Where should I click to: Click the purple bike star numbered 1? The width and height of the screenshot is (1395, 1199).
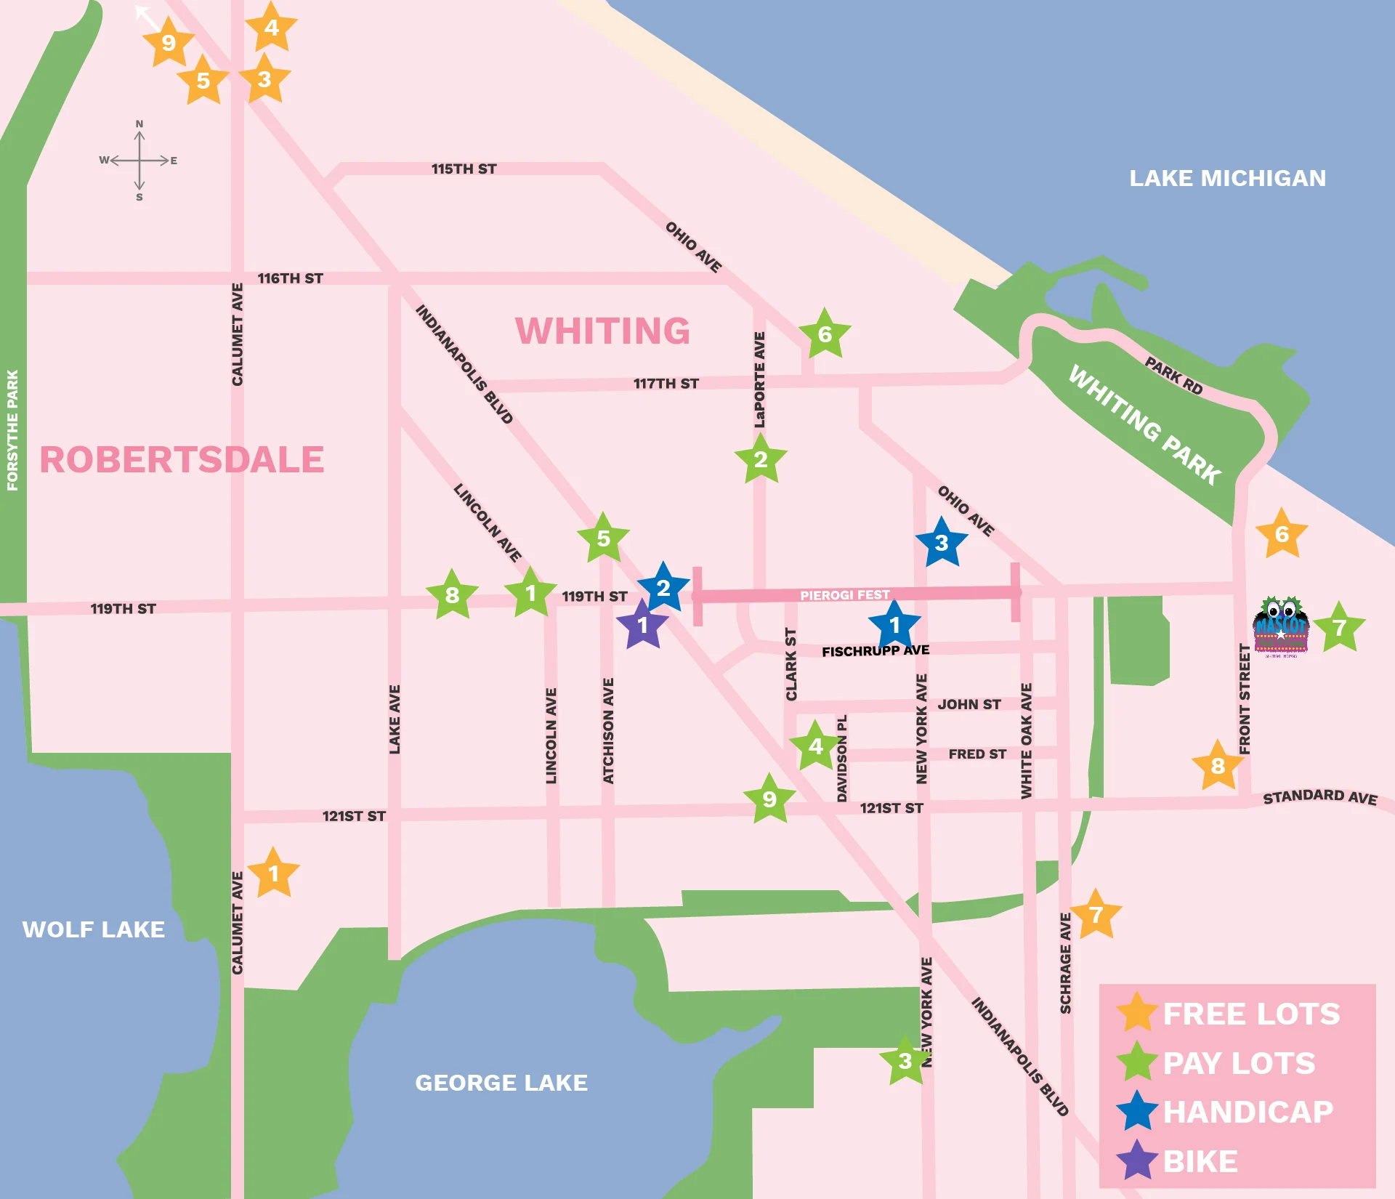pos(642,625)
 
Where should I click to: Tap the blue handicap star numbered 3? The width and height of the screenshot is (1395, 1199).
pos(942,543)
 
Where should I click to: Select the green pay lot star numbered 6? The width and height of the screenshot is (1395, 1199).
pos(825,334)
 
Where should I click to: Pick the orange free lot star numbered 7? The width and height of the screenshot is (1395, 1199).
pos(1096,914)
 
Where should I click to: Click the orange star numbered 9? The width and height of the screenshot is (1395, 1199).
pos(169,43)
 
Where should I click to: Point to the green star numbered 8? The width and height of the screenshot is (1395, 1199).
pos(452,595)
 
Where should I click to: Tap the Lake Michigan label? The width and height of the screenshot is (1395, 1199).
pos(1227,178)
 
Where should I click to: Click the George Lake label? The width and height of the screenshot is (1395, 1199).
pos(501,1083)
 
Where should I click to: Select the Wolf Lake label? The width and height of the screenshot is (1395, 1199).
pos(94,929)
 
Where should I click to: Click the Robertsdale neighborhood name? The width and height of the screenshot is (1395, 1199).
pos(182,460)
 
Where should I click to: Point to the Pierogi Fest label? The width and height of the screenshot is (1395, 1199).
pos(844,595)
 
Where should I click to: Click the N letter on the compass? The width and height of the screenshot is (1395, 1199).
pos(139,124)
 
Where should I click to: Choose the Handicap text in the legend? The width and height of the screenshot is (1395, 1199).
pos(1248,1112)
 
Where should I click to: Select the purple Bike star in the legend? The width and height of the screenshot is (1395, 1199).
pos(1137,1161)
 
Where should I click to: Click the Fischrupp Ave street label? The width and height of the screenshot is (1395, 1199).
pos(876,651)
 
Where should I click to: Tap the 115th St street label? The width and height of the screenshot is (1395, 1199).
pos(464,169)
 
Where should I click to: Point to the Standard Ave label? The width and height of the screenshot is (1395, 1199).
pos(1319,796)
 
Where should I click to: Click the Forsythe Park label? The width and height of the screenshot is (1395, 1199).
pos(12,430)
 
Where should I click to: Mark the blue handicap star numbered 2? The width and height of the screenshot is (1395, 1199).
pos(663,588)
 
